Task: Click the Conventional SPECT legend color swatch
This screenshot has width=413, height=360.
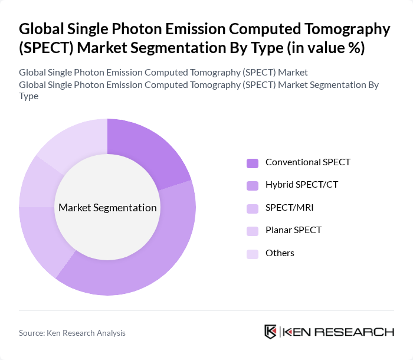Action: click(253, 163)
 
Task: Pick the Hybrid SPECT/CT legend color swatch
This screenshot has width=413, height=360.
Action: click(253, 185)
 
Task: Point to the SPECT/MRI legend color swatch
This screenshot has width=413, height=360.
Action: click(253, 208)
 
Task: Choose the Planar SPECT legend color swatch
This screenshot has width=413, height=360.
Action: click(253, 231)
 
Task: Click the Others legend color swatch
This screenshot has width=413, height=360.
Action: click(253, 254)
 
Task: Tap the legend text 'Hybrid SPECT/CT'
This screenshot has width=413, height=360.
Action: click(301, 185)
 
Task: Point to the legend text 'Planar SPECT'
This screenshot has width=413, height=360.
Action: click(293, 230)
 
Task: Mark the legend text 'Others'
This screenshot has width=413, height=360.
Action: click(280, 253)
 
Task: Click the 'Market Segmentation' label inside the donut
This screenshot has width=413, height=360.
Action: click(107, 208)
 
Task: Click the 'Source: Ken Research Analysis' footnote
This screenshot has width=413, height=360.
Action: click(72, 333)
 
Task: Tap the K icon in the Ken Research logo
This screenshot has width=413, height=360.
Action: click(270, 332)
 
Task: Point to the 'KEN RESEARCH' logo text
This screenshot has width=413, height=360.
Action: click(339, 332)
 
